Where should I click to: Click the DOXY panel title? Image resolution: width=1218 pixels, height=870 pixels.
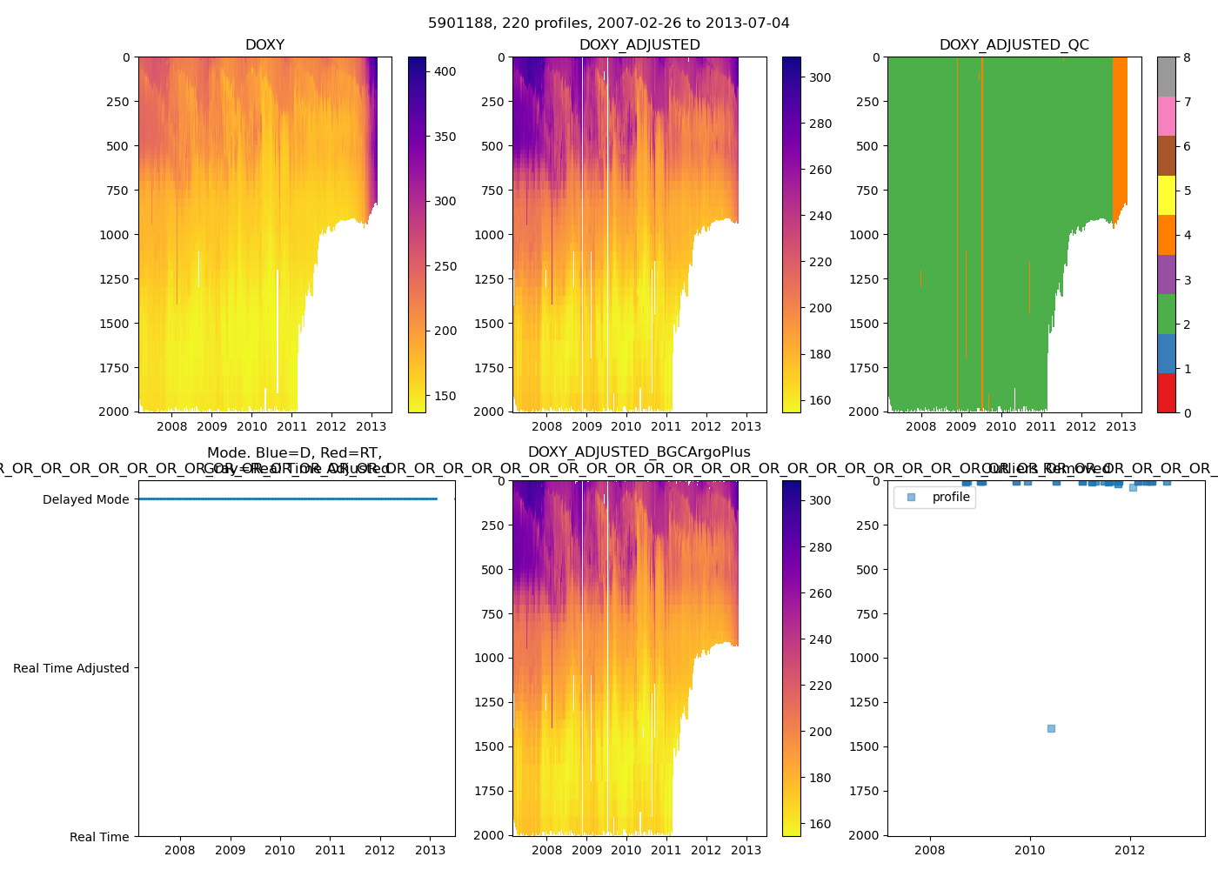[264, 45]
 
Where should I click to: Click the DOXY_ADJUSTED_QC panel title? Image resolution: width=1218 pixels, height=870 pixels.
[1014, 45]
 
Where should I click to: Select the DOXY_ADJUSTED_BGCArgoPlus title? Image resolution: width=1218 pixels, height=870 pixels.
[639, 452]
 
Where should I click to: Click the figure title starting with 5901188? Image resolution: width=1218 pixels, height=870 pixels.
[609, 23]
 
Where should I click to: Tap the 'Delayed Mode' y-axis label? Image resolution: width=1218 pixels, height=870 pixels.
[85, 499]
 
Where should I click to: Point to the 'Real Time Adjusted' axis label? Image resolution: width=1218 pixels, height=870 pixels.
[71, 668]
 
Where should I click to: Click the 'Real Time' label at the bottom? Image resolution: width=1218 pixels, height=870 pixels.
[99, 837]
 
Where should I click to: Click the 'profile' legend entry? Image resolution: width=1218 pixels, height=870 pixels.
[950, 497]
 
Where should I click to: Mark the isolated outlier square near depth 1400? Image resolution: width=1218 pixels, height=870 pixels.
[1051, 728]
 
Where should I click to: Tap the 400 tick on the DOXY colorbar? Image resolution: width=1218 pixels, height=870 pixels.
[445, 71]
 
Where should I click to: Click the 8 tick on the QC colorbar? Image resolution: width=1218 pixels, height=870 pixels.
[1187, 57]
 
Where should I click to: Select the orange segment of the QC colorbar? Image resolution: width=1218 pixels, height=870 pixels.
[1166, 235]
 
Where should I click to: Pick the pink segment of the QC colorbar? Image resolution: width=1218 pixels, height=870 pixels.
[1166, 116]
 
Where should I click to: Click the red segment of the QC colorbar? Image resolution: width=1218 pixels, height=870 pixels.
[1166, 392]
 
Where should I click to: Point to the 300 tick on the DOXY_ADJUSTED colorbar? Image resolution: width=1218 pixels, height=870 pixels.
[820, 77]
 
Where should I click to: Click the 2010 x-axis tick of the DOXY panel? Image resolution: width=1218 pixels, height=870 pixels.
[252, 426]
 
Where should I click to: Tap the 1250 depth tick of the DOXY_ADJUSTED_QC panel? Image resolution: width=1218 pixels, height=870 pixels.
[870, 279]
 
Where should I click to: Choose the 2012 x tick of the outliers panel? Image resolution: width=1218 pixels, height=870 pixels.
[1130, 850]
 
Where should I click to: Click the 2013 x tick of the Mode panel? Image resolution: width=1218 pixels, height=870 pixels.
[431, 850]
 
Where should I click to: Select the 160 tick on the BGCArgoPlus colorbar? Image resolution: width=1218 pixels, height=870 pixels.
[820, 824]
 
